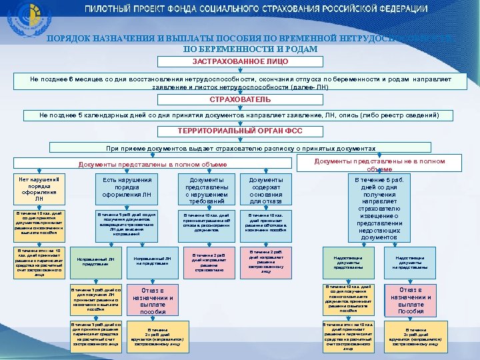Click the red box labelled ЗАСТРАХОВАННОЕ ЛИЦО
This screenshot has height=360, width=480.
[240, 61]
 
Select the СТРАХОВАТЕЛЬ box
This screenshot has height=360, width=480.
[240, 99]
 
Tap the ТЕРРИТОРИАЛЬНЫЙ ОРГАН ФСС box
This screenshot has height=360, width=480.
[240, 131]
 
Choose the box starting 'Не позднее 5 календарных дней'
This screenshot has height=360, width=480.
[240, 115]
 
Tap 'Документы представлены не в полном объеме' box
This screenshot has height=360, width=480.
[379, 164]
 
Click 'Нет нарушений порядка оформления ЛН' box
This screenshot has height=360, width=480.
[39, 189]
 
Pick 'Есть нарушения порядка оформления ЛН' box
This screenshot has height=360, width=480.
[127, 187]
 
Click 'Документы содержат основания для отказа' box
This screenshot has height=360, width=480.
[266, 190]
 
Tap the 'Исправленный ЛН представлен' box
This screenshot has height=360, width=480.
[96, 261]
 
